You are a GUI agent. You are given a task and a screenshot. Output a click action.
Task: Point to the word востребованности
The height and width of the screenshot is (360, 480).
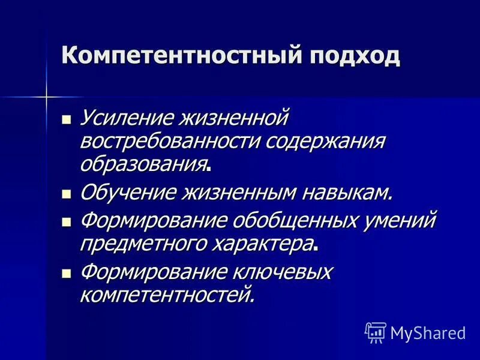(170, 142)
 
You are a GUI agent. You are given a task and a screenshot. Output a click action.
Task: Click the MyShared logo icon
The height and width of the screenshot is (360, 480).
(375, 331)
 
